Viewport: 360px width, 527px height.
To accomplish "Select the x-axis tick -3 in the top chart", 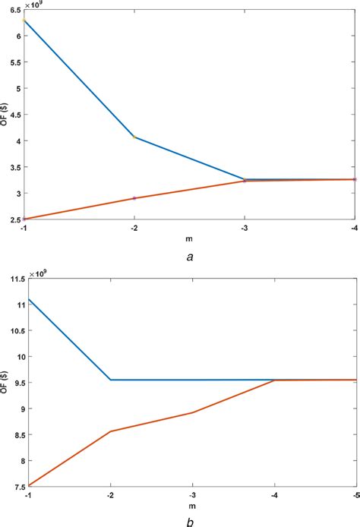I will coord(244,227).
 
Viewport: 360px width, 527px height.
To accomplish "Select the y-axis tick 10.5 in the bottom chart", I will coord(13,330).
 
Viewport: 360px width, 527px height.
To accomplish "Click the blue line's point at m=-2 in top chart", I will coord(134,137).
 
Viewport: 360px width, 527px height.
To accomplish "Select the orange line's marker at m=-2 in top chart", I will coord(134,198).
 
